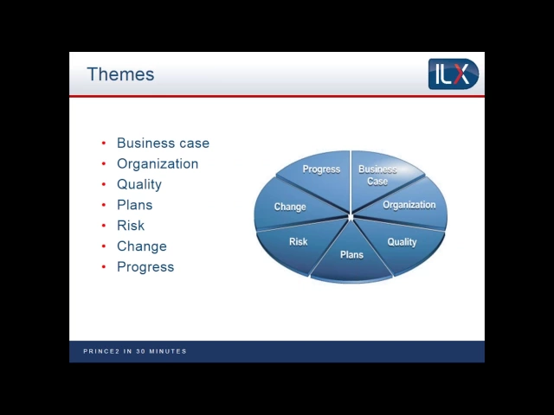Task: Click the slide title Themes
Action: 120,74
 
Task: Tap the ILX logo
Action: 453,73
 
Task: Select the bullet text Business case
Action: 163,144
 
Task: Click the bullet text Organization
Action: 158,164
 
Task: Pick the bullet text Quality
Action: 139,184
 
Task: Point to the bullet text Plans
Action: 134,205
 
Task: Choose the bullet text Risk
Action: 131,226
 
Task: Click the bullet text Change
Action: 141,246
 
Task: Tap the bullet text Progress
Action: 145,267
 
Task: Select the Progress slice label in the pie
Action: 321,169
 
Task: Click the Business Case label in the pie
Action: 377,176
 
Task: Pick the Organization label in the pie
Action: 409,205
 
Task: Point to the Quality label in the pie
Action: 402,242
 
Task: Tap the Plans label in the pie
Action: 351,255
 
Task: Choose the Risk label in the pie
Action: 298,242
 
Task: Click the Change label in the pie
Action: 290,207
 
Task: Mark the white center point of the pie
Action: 350,215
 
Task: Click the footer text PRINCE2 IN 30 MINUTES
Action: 135,351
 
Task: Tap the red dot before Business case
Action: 104,144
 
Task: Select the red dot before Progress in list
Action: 104,267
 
